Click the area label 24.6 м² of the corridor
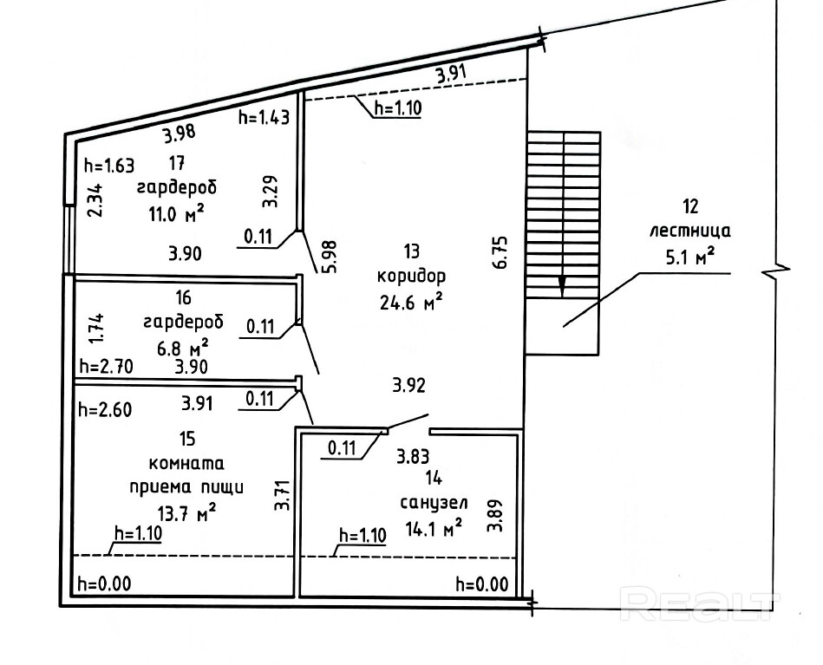click(410, 302)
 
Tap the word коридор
click(411, 277)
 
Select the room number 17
click(177, 163)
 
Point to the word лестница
click(690, 231)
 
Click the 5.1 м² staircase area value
click(691, 256)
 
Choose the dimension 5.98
click(330, 257)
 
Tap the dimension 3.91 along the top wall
click(452, 74)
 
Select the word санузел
click(434, 502)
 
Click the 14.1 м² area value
click(433, 527)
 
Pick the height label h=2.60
click(104, 410)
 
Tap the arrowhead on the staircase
click(562, 288)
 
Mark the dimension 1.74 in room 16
click(98, 329)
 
